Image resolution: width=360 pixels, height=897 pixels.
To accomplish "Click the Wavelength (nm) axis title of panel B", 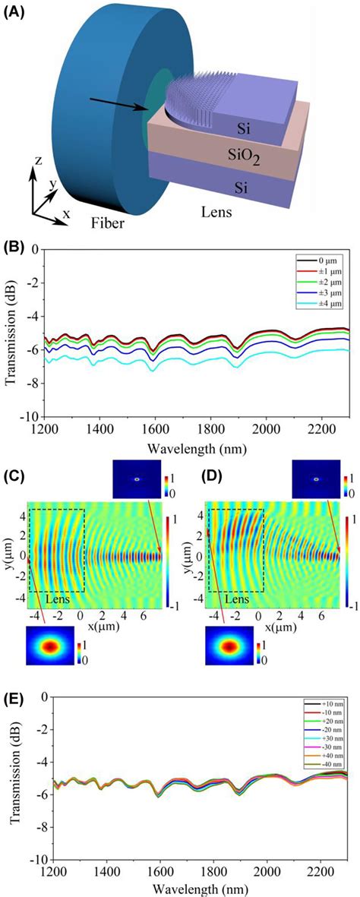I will tap(193, 444).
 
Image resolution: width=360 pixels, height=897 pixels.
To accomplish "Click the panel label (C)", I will tap(14, 478).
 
